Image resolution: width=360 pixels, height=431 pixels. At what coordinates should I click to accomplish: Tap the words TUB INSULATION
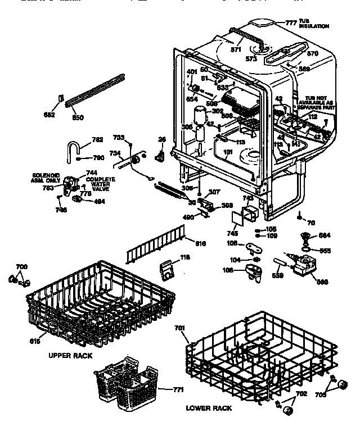coord(314,24)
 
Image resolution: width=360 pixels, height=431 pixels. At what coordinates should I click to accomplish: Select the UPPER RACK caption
coord(70,355)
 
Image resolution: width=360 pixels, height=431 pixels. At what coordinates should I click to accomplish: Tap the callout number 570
coord(312,53)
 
